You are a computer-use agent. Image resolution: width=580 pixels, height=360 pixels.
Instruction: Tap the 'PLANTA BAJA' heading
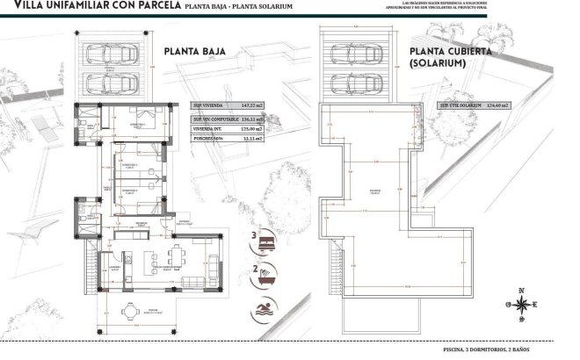(195, 52)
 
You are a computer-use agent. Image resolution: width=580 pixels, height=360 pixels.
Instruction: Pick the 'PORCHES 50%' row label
(208, 138)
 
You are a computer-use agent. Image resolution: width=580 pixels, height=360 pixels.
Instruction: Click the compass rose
(522, 305)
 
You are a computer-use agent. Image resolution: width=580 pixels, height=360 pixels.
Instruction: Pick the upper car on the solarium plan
(360, 54)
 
